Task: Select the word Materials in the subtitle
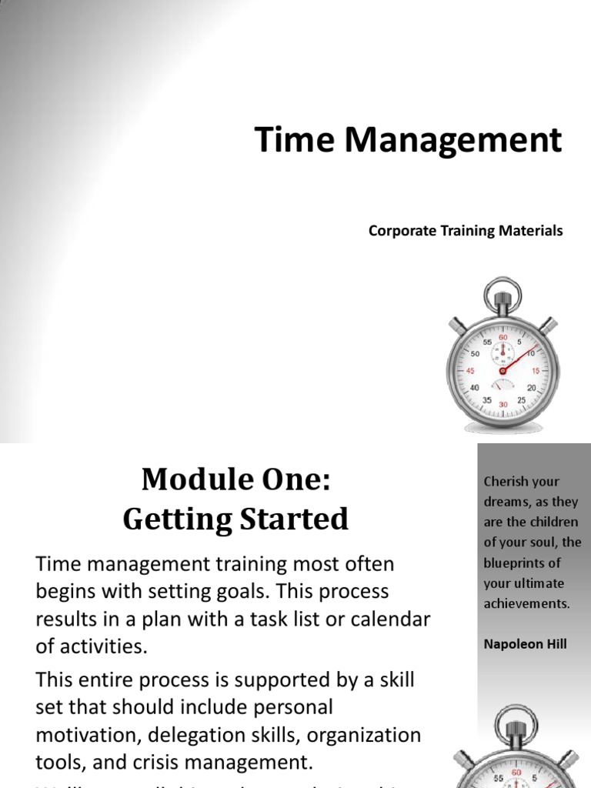coord(533,231)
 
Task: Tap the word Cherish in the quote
coord(504,482)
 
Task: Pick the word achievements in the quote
coord(526,603)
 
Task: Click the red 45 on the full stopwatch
coord(472,371)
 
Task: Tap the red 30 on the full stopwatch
coord(503,405)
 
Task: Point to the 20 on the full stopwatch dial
coord(531,388)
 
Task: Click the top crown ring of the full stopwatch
coord(503,292)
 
